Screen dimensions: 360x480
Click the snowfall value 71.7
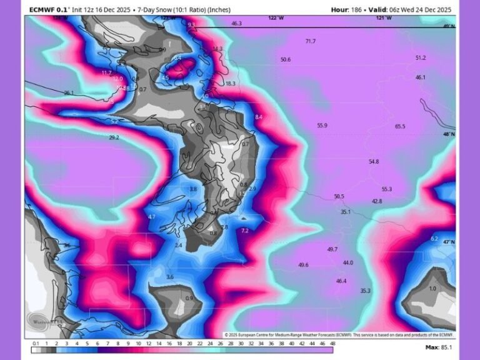pyautogui.click(x=310, y=41)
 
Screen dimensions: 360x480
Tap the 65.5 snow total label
pyautogui.click(x=400, y=126)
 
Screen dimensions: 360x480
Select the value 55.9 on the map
pyautogui.click(x=322, y=126)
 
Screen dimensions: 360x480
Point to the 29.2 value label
pyautogui.click(x=114, y=137)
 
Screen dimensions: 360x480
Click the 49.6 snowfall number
pyautogui.click(x=303, y=265)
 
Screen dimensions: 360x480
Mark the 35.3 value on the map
pyautogui.click(x=365, y=291)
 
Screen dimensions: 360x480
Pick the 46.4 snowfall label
pyautogui.click(x=341, y=281)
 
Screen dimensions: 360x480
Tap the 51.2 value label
pyautogui.click(x=420, y=57)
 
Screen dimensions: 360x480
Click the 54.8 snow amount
pyautogui.click(x=373, y=161)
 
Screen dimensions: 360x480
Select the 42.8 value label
pyautogui.click(x=376, y=201)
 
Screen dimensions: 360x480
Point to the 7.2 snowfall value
pyautogui.click(x=244, y=231)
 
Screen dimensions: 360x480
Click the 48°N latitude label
pyautogui.click(x=449, y=134)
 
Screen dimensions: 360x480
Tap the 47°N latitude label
pyautogui.click(x=449, y=242)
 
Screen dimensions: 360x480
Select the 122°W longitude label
pyautogui.click(x=275, y=18)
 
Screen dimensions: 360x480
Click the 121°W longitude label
pyautogui.click(x=384, y=18)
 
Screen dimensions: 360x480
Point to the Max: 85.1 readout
pyautogui.click(x=439, y=347)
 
